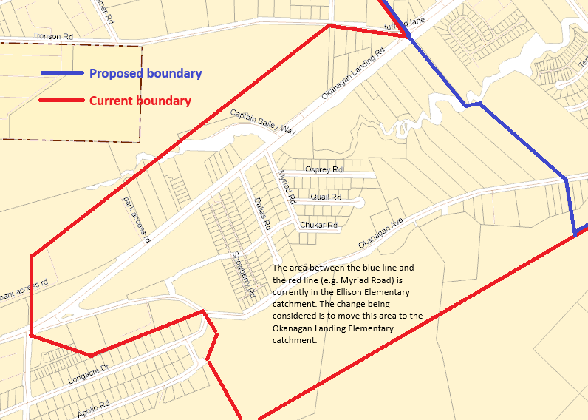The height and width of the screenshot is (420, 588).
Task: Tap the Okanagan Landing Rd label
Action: pos(353,75)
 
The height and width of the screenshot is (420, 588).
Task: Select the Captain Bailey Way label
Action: pos(262,123)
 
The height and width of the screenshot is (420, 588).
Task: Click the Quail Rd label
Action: pos(326,197)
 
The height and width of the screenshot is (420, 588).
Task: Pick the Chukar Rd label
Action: pos(318,225)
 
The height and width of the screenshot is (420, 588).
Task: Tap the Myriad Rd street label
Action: pos(286,187)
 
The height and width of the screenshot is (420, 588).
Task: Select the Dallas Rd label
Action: pos(262,213)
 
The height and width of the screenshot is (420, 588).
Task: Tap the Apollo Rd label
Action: pos(94,409)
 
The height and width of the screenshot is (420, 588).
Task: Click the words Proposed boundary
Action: pos(146,73)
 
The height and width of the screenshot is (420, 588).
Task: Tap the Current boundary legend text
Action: pos(140,101)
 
